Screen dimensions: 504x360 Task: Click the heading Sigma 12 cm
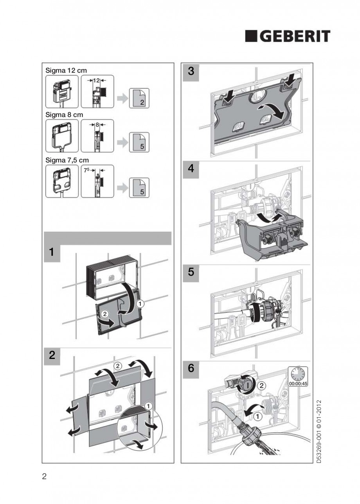point(66,70)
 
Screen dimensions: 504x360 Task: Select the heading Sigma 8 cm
point(64,115)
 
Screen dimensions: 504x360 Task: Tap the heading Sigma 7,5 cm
point(67,160)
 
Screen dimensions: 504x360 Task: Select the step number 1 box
point(51,253)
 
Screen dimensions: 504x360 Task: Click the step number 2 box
point(52,356)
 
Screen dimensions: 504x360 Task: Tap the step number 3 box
point(191,71)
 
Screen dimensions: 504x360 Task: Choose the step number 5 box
point(191,273)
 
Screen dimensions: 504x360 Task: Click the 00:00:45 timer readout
point(298,383)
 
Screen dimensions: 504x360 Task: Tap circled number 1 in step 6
point(257,417)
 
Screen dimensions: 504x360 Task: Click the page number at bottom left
point(44,477)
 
